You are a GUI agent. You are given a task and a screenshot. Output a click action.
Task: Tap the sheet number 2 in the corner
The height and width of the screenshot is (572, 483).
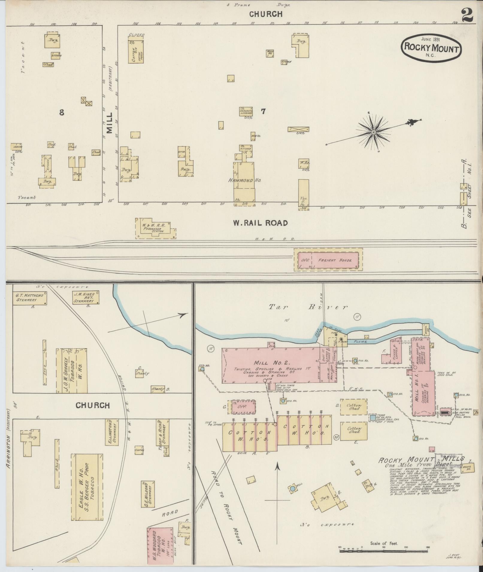pos(467,15)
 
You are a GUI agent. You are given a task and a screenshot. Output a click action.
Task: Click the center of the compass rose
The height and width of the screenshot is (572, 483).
pos(374,132)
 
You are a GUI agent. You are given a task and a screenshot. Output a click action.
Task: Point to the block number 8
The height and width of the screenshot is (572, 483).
pos(62,112)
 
